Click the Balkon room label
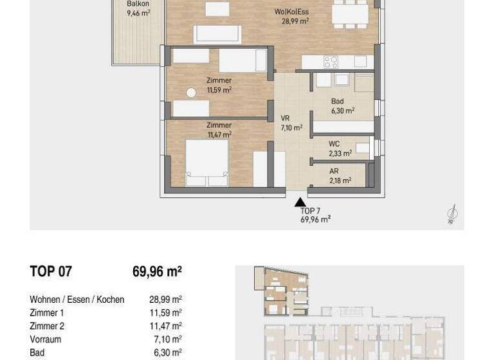(x=138, y=4)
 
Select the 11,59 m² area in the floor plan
(x=219, y=90)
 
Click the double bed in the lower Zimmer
(x=207, y=163)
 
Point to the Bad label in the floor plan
(x=337, y=101)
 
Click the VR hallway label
(x=285, y=118)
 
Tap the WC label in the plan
(x=334, y=144)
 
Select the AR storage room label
(x=334, y=172)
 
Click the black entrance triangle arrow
(x=300, y=202)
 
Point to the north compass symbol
(x=452, y=214)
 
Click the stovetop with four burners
(x=331, y=62)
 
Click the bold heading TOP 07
(x=51, y=271)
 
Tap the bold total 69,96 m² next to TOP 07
(x=157, y=271)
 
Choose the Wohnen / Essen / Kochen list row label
(x=77, y=300)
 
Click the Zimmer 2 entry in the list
(x=47, y=326)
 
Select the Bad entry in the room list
(x=37, y=352)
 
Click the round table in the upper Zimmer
(x=191, y=93)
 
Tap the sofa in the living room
(x=217, y=34)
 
